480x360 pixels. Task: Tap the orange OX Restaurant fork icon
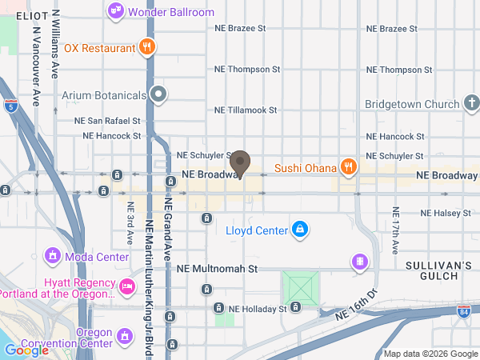146,48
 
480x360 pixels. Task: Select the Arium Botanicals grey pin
159,95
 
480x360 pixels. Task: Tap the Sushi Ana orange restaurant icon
348,167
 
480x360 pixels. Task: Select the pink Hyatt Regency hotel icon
126,286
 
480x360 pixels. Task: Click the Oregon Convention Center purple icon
124,337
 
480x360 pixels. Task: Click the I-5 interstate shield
9,104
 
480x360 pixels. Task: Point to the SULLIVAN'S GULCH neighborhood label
440,269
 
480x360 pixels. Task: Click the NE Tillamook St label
246,110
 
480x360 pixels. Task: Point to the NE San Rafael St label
107,121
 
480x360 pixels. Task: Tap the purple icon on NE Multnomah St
361,262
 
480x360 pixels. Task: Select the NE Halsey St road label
450,213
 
